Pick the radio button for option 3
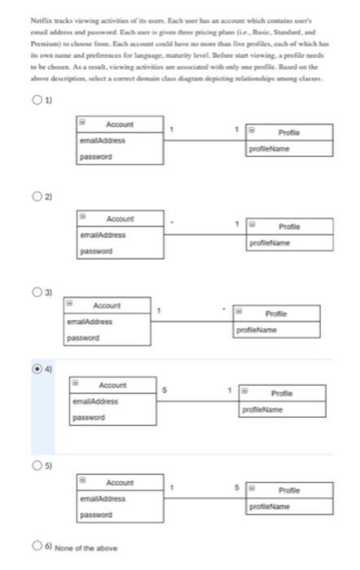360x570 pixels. point(37,291)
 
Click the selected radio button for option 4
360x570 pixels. point(37,369)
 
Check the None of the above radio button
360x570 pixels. point(37,547)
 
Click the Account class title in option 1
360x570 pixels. point(120,125)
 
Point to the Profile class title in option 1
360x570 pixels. point(289,132)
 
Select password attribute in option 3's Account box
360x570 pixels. point(84,336)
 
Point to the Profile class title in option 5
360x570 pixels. point(289,491)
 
